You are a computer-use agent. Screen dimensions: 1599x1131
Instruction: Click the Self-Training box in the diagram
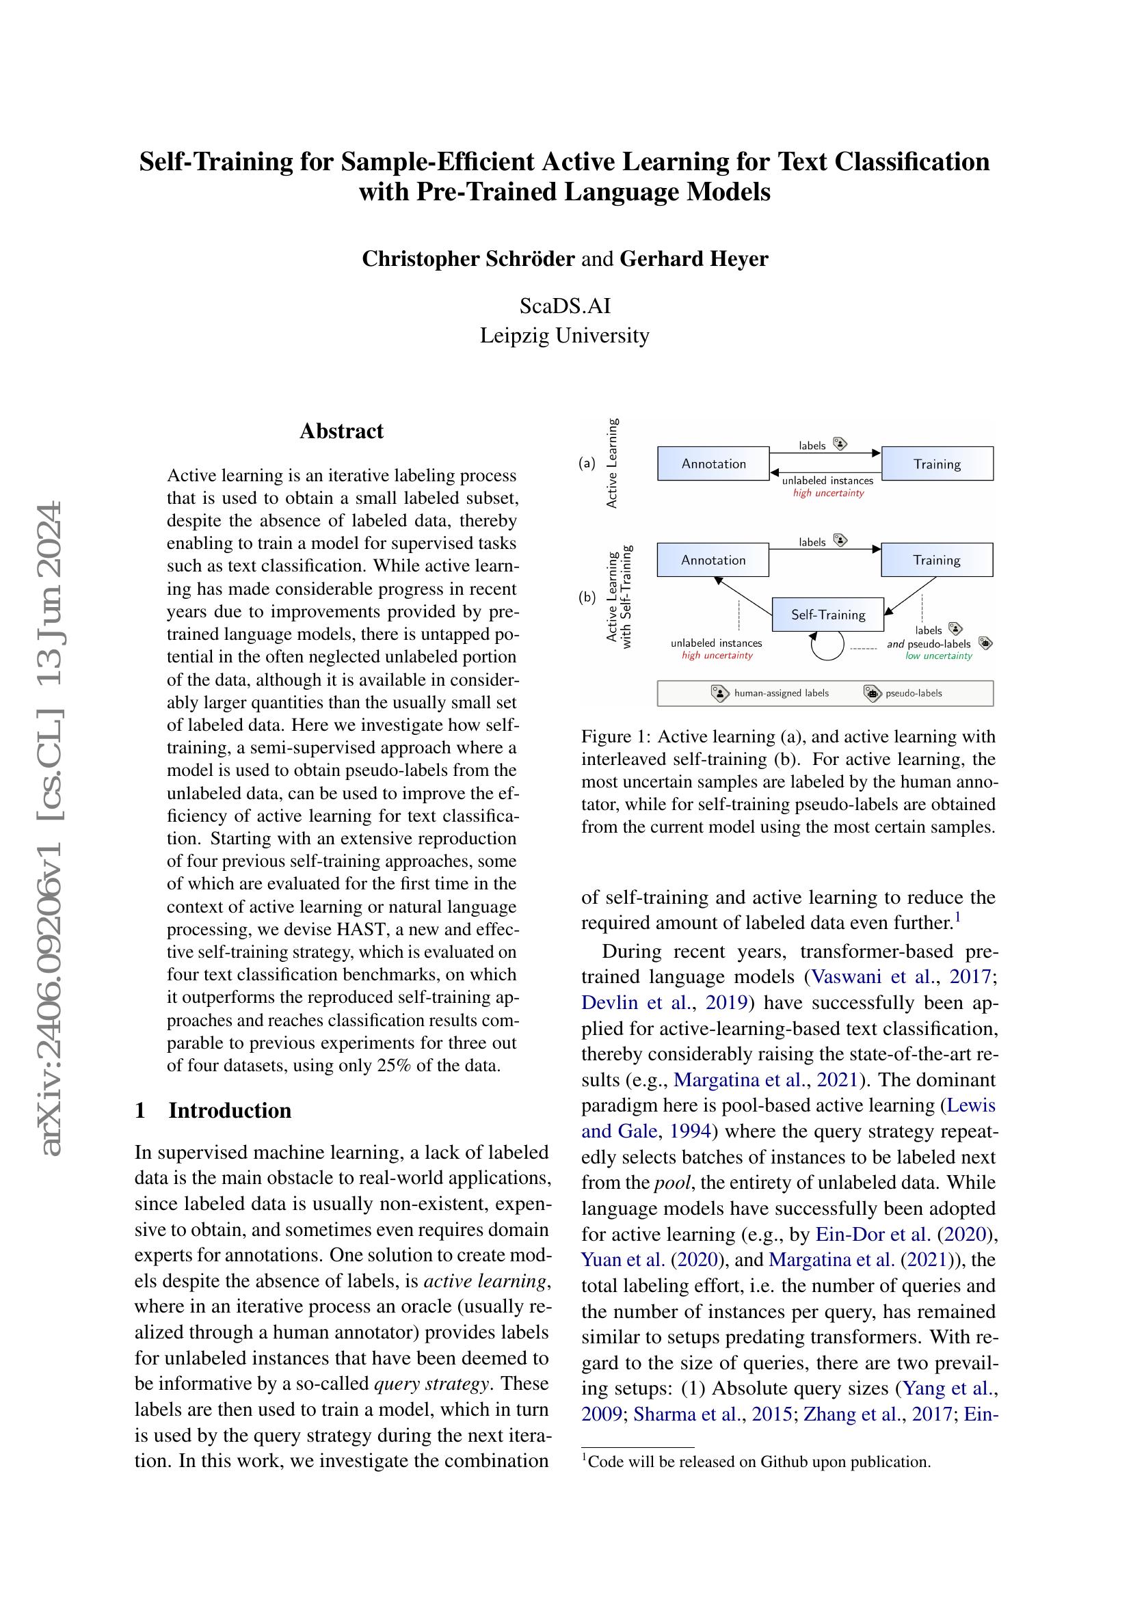point(827,615)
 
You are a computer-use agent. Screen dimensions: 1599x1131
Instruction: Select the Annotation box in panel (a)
point(713,463)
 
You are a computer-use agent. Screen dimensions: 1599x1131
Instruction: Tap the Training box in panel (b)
point(937,560)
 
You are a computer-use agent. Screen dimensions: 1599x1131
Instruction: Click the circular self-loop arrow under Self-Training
point(827,645)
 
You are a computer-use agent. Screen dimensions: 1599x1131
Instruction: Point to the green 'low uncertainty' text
point(938,656)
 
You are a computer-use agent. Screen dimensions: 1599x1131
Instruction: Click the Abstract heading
point(341,431)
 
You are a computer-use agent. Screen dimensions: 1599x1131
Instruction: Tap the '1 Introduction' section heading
point(213,1110)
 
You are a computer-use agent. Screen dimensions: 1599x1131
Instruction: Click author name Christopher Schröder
point(468,259)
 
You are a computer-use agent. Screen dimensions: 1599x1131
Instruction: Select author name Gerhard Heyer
point(693,259)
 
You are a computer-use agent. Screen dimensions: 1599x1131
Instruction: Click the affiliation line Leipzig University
point(564,336)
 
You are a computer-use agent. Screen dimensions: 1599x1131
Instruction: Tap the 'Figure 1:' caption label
point(615,737)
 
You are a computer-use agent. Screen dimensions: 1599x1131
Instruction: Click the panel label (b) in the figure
point(587,597)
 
